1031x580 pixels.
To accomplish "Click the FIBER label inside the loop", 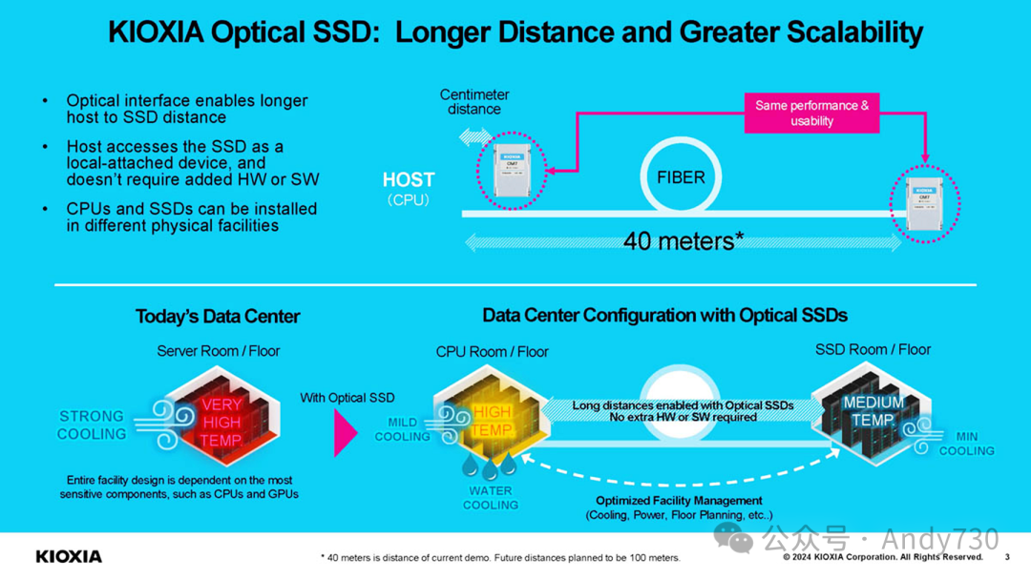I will coord(680,177).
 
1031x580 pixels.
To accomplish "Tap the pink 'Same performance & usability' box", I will coord(811,113).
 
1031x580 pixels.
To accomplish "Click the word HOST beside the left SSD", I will coord(409,180).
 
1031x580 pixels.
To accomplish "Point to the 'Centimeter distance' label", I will coord(474,101).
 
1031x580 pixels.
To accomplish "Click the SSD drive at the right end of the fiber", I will coord(920,202).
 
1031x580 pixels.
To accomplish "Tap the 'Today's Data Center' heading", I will coord(218,317).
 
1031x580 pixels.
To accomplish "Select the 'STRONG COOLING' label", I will coord(92,425).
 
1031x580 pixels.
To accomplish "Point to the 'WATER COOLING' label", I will coord(490,498).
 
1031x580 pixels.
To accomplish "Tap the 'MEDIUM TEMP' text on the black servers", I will coord(873,412).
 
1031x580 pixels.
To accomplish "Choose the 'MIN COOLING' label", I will coord(966,444).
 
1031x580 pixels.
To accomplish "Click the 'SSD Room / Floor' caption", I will coord(873,350).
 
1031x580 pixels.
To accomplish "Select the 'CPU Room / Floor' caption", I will coord(493,352).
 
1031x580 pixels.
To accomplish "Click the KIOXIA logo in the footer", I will coord(69,556).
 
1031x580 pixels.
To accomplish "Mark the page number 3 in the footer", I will coord(1007,557).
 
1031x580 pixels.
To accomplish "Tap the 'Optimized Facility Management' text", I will coord(679,501).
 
